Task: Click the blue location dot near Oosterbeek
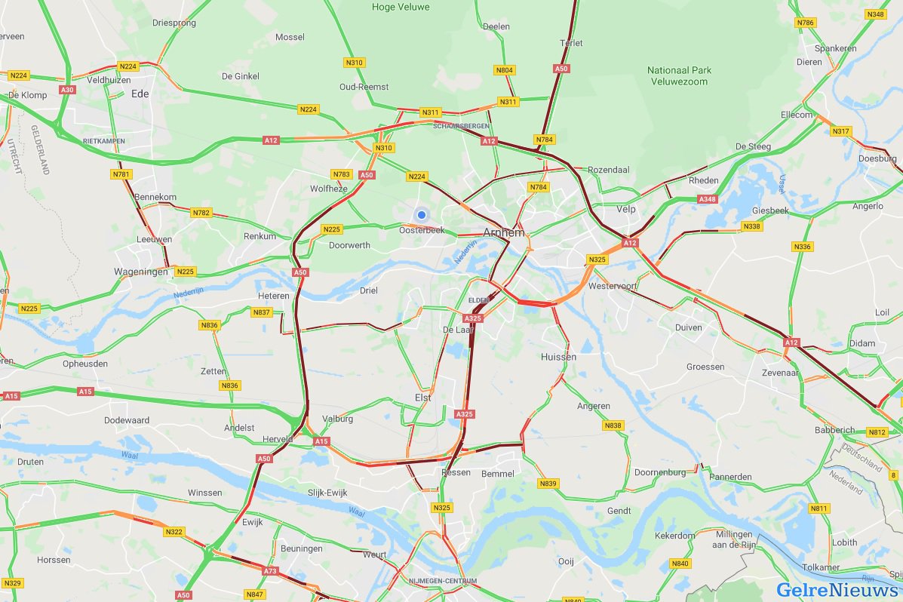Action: pyautogui.click(x=422, y=215)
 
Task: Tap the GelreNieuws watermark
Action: pyautogui.click(x=838, y=589)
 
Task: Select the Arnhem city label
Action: pyautogui.click(x=503, y=232)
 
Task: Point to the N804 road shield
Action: pyautogui.click(x=505, y=70)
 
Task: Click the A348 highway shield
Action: pyautogui.click(x=707, y=199)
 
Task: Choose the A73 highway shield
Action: pyautogui.click(x=270, y=572)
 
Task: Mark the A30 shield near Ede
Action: pyautogui.click(x=68, y=90)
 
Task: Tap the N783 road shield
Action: pyautogui.click(x=342, y=174)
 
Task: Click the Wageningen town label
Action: pyautogui.click(x=140, y=272)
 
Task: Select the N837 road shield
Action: pyautogui.click(x=262, y=312)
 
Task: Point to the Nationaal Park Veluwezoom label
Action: pyautogui.click(x=679, y=75)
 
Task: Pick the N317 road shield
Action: pyautogui.click(x=840, y=131)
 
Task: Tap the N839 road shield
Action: pyautogui.click(x=548, y=484)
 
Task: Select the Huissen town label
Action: pyautogui.click(x=558, y=357)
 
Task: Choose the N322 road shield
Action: pyautogui.click(x=174, y=532)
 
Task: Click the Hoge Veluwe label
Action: pyautogui.click(x=401, y=7)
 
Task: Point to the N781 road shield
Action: pyautogui.click(x=121, y=174)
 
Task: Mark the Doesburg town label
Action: pyautogui.click(x=877, y=158)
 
